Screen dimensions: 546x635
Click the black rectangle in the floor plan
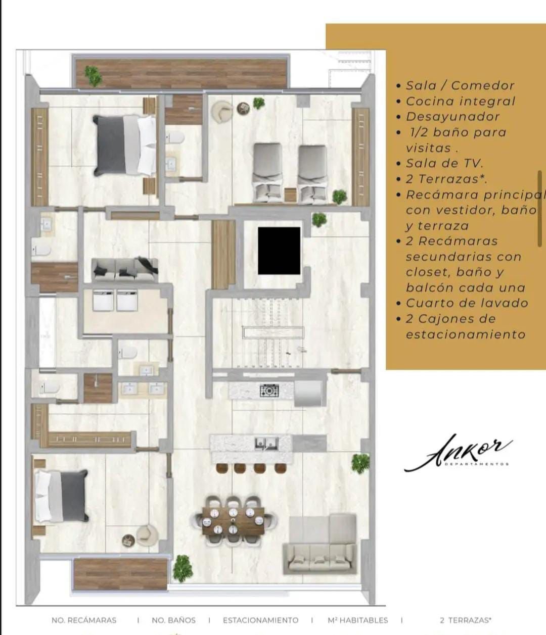coord(279,251)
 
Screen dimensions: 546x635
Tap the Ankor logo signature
coord(458,453)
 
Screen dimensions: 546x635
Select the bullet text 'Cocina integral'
coord(460,102)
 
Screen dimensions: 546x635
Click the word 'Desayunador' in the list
coord(452,117)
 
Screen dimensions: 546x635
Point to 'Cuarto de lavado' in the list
coord(467,303)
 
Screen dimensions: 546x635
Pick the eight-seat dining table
coord(233,520)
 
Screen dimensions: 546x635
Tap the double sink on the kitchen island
coord(266,444)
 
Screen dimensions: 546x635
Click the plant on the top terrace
coord(93,76)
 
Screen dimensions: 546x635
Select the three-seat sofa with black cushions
coord(125,270)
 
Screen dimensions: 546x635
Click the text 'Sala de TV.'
coord(444,164)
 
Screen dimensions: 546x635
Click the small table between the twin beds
coord(290,195)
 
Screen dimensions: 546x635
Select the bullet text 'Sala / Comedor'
coord(460,86)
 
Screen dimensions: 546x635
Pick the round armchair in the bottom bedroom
coord(147,535)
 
